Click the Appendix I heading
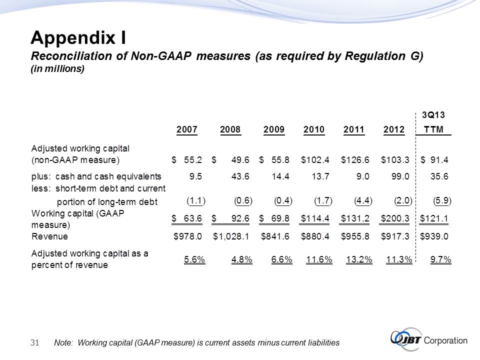78,37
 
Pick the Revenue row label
49,236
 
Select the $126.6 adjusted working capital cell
355,160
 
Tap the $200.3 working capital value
395,218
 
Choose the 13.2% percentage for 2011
359,259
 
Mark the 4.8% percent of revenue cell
241,259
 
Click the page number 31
35,342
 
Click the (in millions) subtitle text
57,69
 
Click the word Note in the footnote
63,342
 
